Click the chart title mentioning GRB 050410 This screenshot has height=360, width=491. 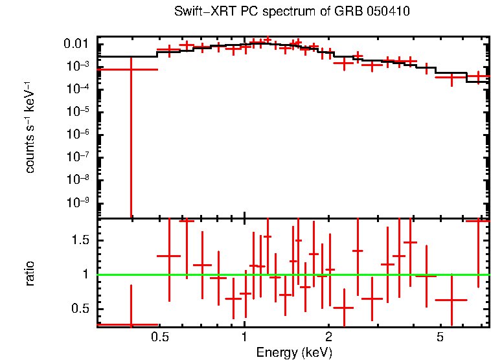point(292,12)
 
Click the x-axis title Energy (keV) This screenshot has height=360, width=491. point(294,352)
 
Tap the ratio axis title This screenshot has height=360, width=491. point(30,273)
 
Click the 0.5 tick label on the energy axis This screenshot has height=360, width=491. point(160,337)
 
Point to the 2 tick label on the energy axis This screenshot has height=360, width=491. point(329,337)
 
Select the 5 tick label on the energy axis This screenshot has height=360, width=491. point(440,337)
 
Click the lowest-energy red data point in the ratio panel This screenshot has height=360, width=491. point(131,324)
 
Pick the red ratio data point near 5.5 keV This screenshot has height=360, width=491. point(451,300)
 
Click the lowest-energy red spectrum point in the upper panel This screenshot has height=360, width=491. point(131,69)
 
